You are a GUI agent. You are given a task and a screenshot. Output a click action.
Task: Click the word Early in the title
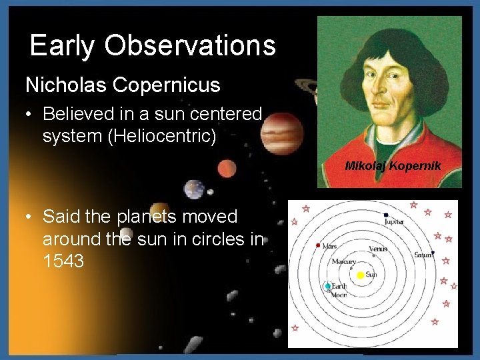(x=62, y=46)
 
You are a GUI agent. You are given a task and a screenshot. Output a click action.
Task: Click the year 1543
(x=63, y=261)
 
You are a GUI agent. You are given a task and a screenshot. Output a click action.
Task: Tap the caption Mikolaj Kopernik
(x=392, y=165)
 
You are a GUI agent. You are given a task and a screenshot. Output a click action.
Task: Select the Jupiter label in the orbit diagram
(x=394, y=221)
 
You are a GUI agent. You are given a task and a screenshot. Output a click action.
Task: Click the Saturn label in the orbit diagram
(x=423, y=255)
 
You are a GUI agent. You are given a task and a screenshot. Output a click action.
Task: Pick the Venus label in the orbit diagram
(x=378, y=249)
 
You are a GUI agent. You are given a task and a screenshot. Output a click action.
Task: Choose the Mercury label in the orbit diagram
(x=344, y=261)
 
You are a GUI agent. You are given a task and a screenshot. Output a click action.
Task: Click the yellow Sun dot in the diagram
(x=361, y=275)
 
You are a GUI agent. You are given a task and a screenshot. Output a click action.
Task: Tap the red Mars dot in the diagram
(x=318, y=245)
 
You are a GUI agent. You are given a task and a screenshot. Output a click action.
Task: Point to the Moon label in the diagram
(x=339, y=294)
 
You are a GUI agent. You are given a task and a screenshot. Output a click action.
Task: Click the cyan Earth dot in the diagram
(x=327, y=287)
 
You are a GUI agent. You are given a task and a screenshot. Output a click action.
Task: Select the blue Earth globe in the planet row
(x=194, y=189)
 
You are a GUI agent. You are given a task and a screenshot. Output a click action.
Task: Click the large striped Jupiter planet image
(x=280, y=132)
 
